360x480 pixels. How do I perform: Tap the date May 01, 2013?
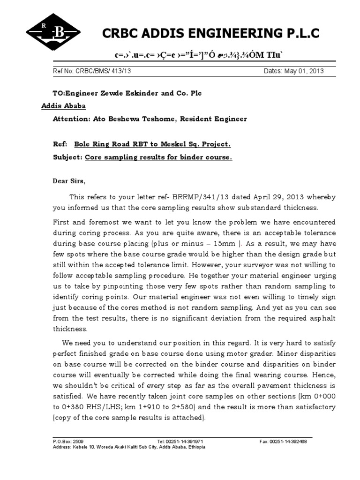(305, 72)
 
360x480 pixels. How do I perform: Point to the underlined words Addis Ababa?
(61, 106)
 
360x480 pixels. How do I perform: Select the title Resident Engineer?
(215, 119)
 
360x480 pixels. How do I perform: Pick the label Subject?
(67, 157)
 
